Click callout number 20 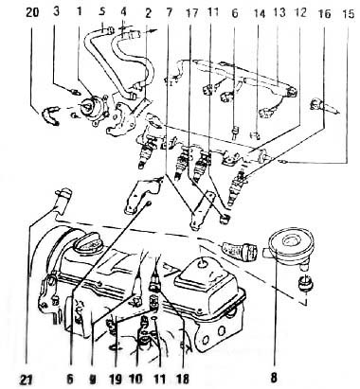tap(32, 13)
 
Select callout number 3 tap(56, 12)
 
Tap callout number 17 tap(191, 13)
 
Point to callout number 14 tap(259, 14)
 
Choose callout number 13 tap(279, 12)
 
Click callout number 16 tap(325, 14)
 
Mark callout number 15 tap(349, 14)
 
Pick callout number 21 tap(27, 380)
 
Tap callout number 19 tap(116, 379)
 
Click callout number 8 tap(274, 378)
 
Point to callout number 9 tap(92, 380)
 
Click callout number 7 tap(170, 12)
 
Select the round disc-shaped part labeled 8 tap(291, 246)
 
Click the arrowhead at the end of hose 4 tap(153, 30)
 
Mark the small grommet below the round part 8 tap(305, 282)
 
